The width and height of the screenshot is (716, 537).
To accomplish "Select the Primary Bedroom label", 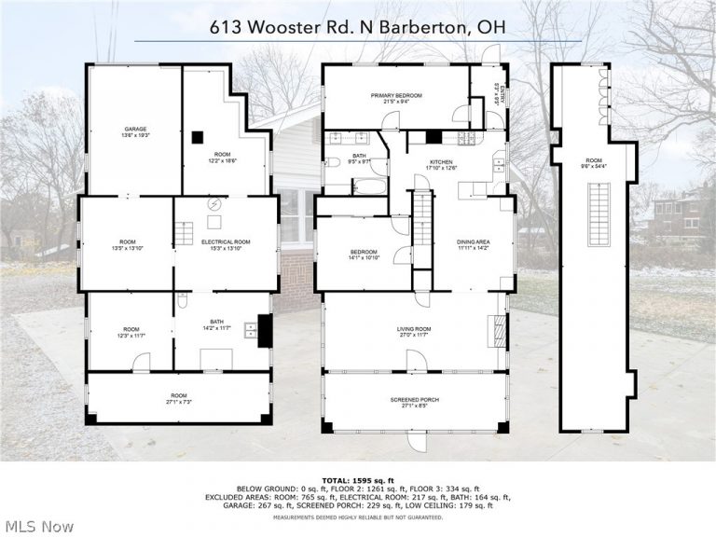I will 396,99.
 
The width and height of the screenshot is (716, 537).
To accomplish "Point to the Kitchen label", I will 440,164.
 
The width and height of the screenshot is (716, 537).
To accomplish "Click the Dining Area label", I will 473,245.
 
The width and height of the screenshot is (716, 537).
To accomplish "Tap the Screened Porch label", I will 414,403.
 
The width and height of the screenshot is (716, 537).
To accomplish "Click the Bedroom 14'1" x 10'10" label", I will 364,255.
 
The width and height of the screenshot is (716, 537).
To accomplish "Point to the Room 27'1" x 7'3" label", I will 178,398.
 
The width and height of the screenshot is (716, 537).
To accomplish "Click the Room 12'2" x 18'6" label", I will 222,157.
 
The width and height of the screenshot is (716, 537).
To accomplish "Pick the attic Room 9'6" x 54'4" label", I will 594,163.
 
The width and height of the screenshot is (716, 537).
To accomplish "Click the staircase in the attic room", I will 595,215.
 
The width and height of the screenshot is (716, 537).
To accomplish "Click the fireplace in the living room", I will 499,329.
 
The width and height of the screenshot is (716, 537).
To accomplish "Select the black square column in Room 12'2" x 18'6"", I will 197,137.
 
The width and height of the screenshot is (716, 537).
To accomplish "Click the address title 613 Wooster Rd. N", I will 357,27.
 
